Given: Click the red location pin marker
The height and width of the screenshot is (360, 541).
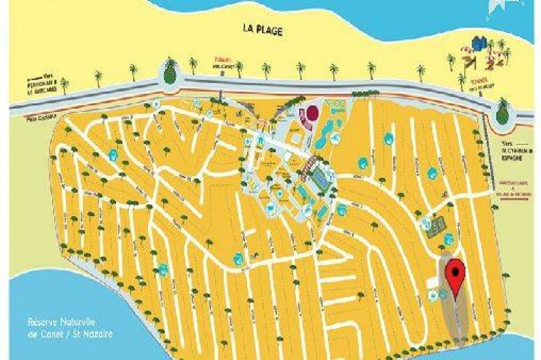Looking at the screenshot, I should point(455,273).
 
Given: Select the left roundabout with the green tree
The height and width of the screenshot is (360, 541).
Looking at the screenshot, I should point(168,71).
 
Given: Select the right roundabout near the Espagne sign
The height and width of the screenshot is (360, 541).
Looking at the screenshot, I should point(502,111).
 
